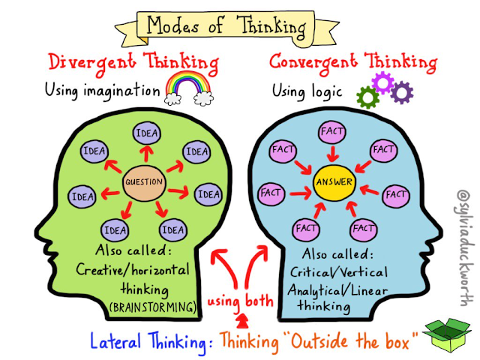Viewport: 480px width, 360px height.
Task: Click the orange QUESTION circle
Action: click(x=144, y=182)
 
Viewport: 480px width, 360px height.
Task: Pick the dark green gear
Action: click(x=367, y=97)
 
